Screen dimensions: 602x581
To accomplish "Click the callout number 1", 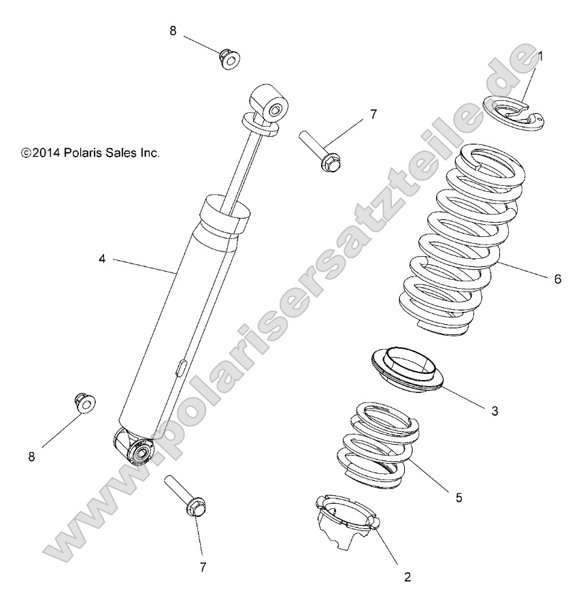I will (x=540, y=57).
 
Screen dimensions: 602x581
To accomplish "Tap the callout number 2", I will (x=407, y=577).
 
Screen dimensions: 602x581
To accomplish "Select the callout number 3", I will (x=495, y=411).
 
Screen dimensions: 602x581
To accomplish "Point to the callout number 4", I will (x=101, y=259).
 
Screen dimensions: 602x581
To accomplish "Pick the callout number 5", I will (x=459, y=498).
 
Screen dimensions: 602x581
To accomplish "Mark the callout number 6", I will (x=557, y=279).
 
